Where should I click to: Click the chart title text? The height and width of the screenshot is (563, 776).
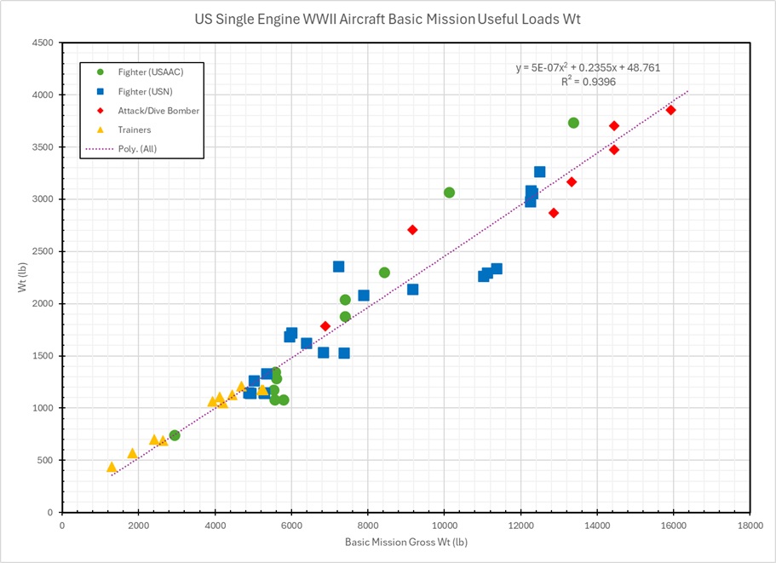388,18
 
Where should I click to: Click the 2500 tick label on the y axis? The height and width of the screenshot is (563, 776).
43,251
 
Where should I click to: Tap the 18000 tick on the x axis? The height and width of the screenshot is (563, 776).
750,525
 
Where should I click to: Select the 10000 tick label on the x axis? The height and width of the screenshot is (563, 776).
444,525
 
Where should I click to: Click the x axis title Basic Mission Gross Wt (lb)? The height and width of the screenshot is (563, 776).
405,543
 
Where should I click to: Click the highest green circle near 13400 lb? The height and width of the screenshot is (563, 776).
573,123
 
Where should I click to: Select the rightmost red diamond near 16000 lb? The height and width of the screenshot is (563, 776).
670,110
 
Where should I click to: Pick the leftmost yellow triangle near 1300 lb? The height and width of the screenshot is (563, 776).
112,467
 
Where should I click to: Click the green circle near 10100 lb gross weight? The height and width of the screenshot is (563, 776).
449,192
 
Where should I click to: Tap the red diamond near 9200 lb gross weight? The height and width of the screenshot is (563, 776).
412,230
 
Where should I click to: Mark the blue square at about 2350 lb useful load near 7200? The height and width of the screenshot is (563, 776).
338,267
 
